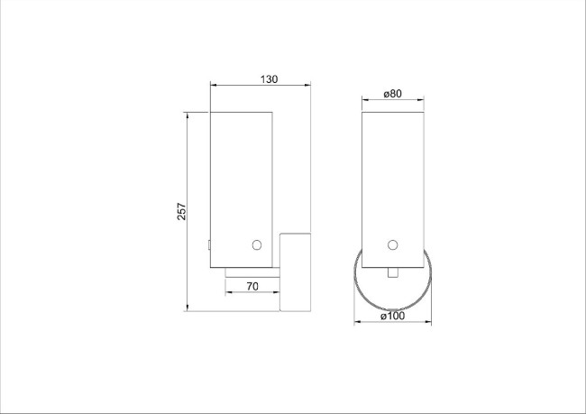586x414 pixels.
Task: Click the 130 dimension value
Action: [x=269, y=79]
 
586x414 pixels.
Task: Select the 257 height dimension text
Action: [x=181, y=211]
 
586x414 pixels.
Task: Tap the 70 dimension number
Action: [x=252, y=286]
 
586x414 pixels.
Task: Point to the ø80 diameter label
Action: [x=391, y=93]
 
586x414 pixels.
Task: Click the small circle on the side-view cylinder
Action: [x=257, y=244]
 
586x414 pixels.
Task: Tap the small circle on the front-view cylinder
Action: [x=392, y=244]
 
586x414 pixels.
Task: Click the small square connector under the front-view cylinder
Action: [x=392, y=273]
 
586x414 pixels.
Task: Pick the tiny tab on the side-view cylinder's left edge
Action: [x=209, y=243]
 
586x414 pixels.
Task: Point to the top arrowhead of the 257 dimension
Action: [x=188, y=115]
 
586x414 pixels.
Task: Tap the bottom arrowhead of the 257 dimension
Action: [x=188, y=308]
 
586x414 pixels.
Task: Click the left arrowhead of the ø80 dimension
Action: [x=365, y=99]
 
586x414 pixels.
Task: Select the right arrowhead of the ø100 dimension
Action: [x=429, y=322]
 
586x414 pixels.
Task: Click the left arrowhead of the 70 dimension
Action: [x=228, y=292]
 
